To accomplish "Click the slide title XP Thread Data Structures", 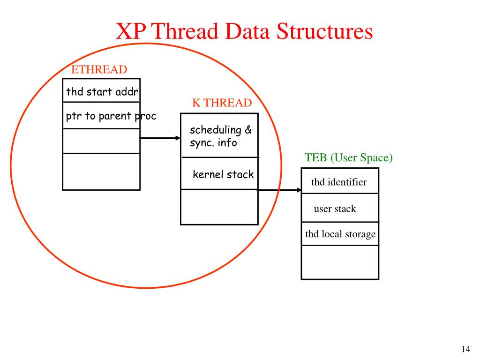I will pyautogui.click(x=244, y=31).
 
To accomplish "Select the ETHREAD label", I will pyautogui.click(x=99, y=70).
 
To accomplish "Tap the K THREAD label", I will pyautogui.click(x=222, y=103).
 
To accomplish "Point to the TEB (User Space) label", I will pyautogui.click(x=349, y=158).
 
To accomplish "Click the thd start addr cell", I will pyautogui.click(x=101, y=91).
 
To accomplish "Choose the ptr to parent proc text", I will pyautogui.click(x=111, y=115).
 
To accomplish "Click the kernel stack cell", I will pyautogui.click(x=223, y=175).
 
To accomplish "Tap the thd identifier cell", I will pyautogui.click(x=339, y=182).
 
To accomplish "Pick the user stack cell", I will pyautogui.click(x=335, y=209).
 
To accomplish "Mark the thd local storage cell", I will pyautogui.click(x=340, y=234).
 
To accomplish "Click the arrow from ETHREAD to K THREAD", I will pyautogui.click(x=160, y=138).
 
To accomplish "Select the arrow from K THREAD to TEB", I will pyautogui.click(x=279, y=190).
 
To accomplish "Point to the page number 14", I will pyautogui.click(x=465, y=349).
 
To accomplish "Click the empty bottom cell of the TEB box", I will pyautogui.click(x=340, y=262).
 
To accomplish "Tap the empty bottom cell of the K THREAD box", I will pyautogui.click(x=219, y=207).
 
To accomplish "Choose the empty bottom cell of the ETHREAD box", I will pyautogui.click(x=101, y=171).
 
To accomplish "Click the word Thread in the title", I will pyautogui.click(x=185, y=31).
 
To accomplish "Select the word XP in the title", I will pyautogui.click(x=131, y=31).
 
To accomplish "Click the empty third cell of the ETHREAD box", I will pyautogui.click(x=101, y=141).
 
